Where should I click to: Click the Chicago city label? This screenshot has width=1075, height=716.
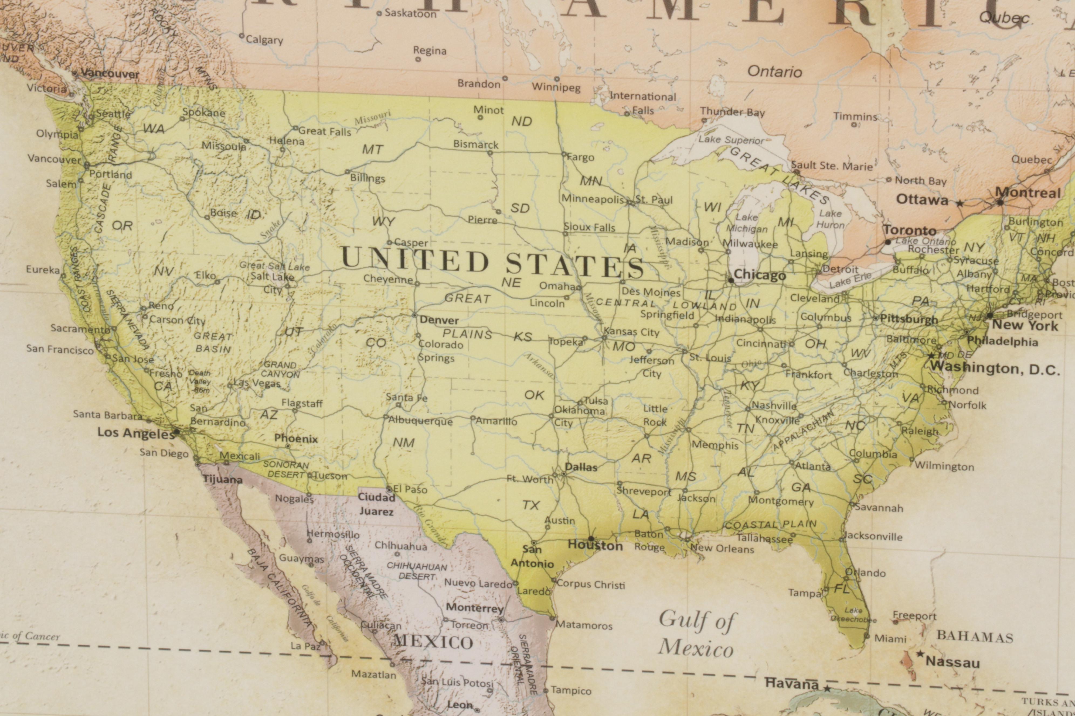click(x=759, y=275)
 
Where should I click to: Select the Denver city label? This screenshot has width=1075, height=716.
click(x=439, y=320)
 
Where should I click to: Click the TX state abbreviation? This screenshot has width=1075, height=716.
click(x=531, y=505)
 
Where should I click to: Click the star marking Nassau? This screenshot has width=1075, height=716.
click(x=920, y=654)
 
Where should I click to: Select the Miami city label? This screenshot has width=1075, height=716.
click(x=890, y=638)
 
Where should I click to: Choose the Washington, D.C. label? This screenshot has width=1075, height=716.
click(x=995, y=368)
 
